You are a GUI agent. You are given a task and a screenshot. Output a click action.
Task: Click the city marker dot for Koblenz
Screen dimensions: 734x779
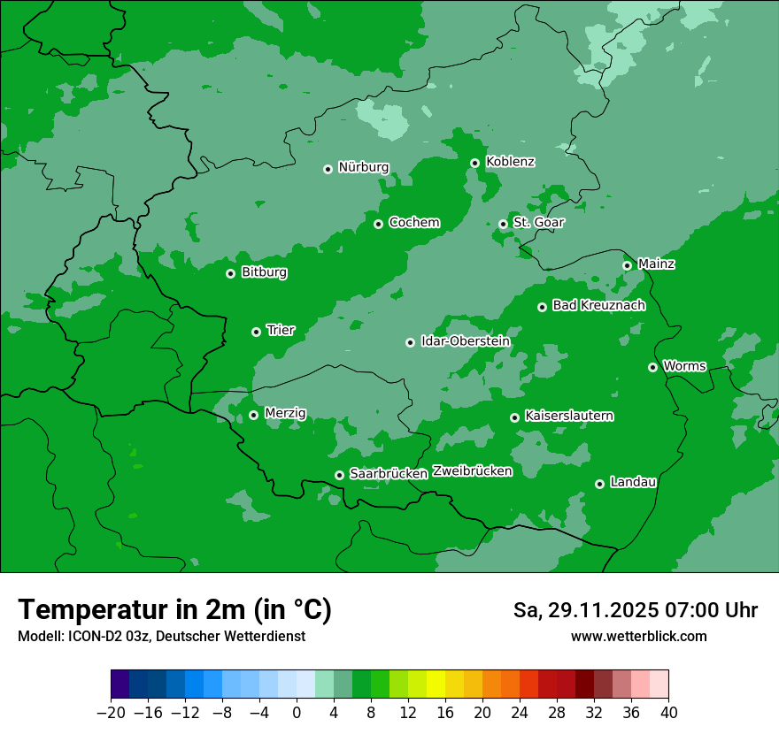pyautogui.click(x=474, y=163)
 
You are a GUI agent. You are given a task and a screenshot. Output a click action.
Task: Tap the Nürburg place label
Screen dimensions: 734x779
pyautogui.click(x=363, y=167)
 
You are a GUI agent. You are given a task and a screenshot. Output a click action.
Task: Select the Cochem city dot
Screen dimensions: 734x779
pyautogui.click(x=378, y=224)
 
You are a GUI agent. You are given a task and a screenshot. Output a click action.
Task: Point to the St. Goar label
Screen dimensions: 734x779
pyautogui.click(x=538, y=222)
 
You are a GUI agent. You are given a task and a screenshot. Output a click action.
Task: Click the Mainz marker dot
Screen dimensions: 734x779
pyautogui.click(x=627, y=265)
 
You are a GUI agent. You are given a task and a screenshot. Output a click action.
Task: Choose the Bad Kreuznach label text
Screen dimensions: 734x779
pyautogui.click(x=598, y=305)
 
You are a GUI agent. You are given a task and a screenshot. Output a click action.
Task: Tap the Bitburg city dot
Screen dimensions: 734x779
pyautogui.click(x=230, y=273)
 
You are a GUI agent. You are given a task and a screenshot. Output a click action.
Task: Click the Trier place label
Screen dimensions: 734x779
pyautogui.click(x=281, y=330)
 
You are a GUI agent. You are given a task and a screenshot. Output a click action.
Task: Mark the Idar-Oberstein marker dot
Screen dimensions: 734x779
pyautogui.click(x=410, y=342)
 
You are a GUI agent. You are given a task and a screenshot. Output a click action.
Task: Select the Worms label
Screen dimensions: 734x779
pyautogui.click(x=684, y=365)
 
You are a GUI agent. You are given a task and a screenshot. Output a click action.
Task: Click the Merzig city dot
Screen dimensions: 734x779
pyautogui.click(x=253, y=415)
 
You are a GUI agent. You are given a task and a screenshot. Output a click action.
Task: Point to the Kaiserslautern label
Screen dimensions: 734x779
pyautogui.click(x=569, y=416)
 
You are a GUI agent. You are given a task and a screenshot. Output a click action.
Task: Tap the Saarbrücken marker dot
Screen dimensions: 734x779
pyautogui.click(x=339, y=475)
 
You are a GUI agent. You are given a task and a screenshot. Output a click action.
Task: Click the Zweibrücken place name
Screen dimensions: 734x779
pyautogui.click(x=472, y=470)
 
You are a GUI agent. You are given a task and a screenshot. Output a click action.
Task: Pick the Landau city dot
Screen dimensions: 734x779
pyautogui.click(x=599, y=484)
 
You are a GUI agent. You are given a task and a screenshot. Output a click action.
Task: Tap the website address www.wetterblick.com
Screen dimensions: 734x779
pyautogui.click(x=638, y=636)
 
